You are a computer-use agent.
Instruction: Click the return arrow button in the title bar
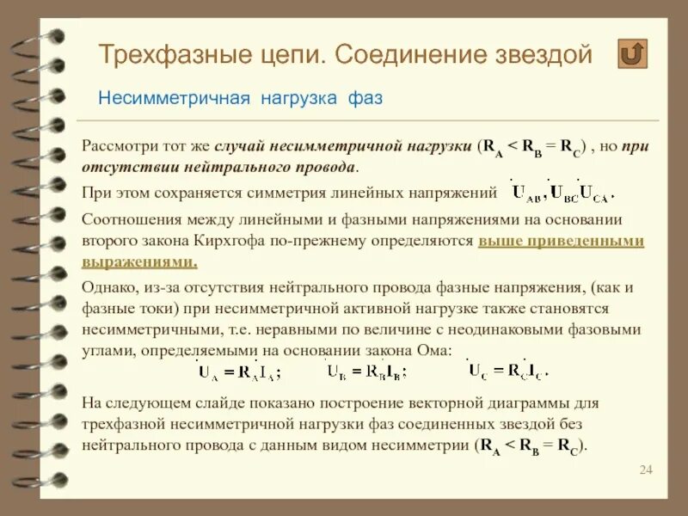[633, 54]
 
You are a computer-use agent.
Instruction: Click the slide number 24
[647, 469]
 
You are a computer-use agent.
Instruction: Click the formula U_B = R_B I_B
[366, 372]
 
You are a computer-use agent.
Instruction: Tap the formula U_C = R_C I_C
[507, 371]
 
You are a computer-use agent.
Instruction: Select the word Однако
[107, 287]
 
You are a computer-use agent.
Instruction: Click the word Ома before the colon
[433, 350]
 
